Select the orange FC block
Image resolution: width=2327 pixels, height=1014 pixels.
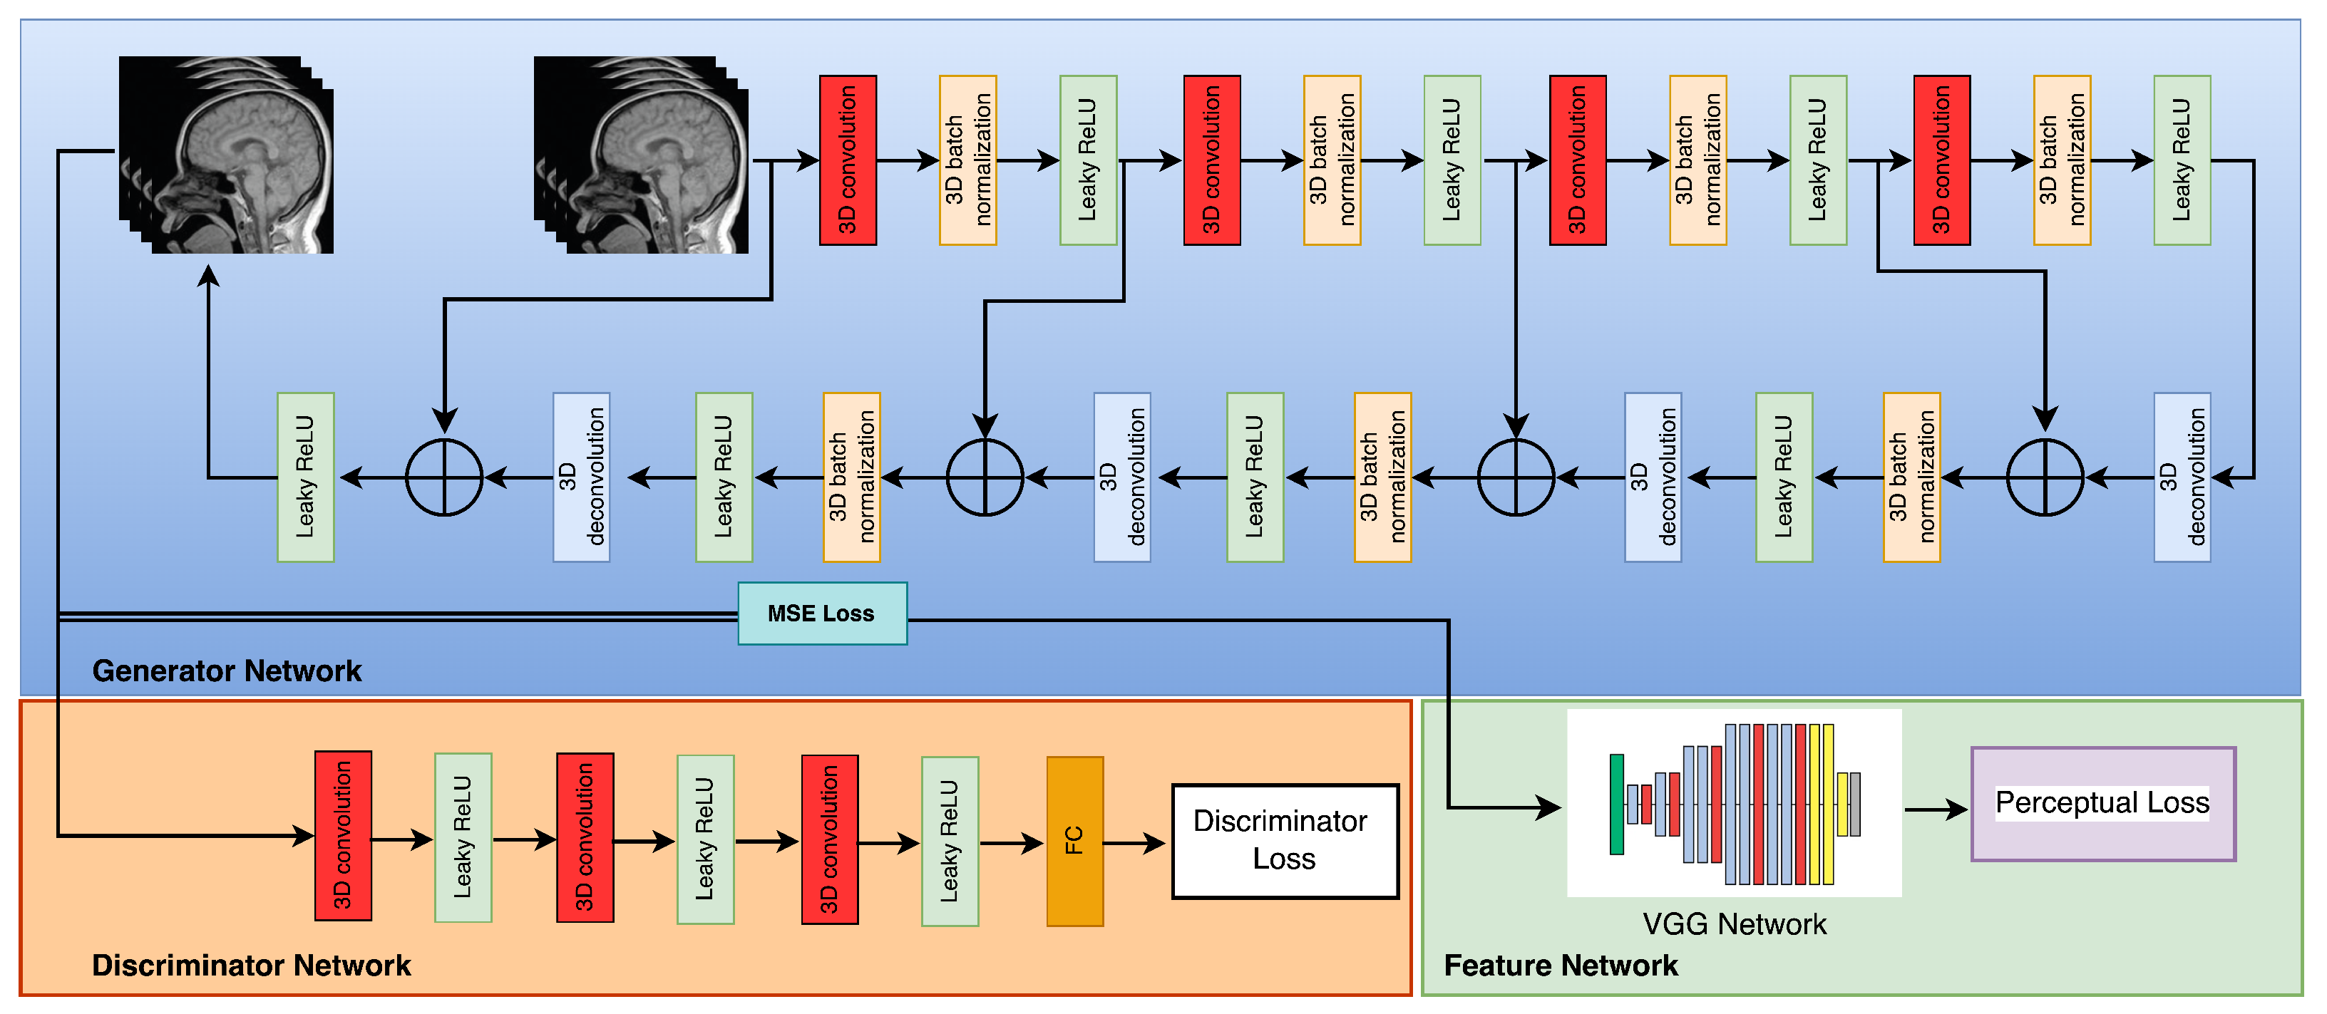pos(1074,841)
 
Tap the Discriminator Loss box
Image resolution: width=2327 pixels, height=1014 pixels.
pos(1284,841)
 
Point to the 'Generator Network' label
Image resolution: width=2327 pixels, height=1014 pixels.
pos(227,671)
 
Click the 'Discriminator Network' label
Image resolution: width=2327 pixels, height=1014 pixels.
pos(251,966)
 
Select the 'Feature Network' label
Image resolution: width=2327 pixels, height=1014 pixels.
pos(1560,966)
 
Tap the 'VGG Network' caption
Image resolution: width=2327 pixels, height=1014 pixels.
pos(1734,924)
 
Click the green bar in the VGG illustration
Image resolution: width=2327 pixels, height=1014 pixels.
pos(1616,804)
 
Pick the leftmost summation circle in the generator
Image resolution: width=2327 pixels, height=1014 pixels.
pos(443,477)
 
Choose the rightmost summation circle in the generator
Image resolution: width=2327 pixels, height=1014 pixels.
pos(2044,477)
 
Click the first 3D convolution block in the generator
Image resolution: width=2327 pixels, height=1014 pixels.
pos(848,160)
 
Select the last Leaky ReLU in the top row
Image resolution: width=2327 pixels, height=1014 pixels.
pos(2182,160)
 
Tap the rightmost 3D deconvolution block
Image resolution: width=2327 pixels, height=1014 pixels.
pos(2182,477)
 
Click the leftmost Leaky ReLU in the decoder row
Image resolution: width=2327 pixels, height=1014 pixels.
pos(305,477)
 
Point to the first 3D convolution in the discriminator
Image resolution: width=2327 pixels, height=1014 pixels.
pos(342,835)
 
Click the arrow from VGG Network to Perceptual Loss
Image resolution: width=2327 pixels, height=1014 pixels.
pos(1935,809)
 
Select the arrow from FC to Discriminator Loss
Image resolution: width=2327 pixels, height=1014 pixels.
pos(1134,844)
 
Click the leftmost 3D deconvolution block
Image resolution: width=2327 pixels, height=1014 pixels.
pos(581,477)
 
